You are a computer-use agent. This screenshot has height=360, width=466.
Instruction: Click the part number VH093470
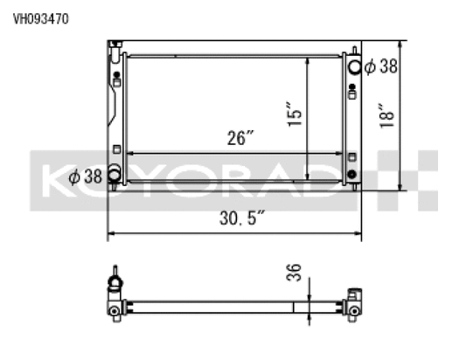(40, 17)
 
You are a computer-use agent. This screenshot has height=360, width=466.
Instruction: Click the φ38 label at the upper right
(381, 66)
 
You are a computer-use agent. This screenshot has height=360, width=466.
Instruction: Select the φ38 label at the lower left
(86, 175)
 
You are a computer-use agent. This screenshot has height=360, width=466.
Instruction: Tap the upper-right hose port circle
(353, 66)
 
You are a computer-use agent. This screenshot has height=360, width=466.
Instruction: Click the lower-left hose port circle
(114, 176)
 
